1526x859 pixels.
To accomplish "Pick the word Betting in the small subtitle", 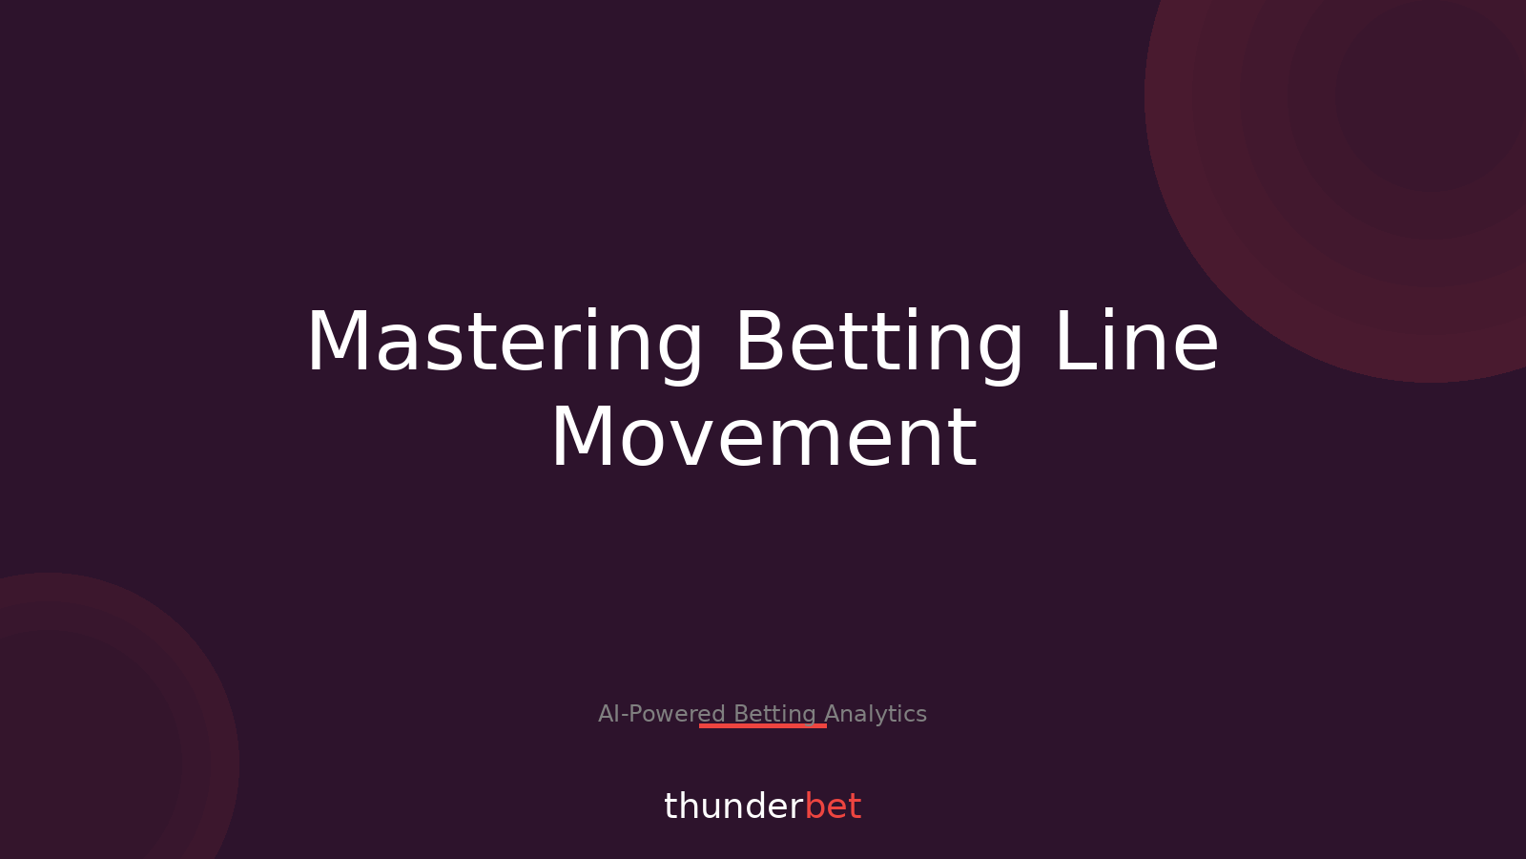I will click(x=774, y=714).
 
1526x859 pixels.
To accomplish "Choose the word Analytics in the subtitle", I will click(x=876, y=714).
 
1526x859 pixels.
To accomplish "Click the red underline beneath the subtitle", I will click(x=763, y=725).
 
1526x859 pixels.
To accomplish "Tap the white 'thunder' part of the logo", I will click(x=733, y=807).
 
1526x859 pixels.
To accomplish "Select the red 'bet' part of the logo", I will click(x=833, y=807).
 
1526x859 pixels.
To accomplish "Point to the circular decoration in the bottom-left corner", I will click(x=76, y=744).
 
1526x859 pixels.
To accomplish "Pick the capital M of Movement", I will click(x=583, y=438).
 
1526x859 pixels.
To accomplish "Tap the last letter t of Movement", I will click(x=965, y=439).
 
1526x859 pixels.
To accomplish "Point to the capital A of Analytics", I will click(x=833, y=714).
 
